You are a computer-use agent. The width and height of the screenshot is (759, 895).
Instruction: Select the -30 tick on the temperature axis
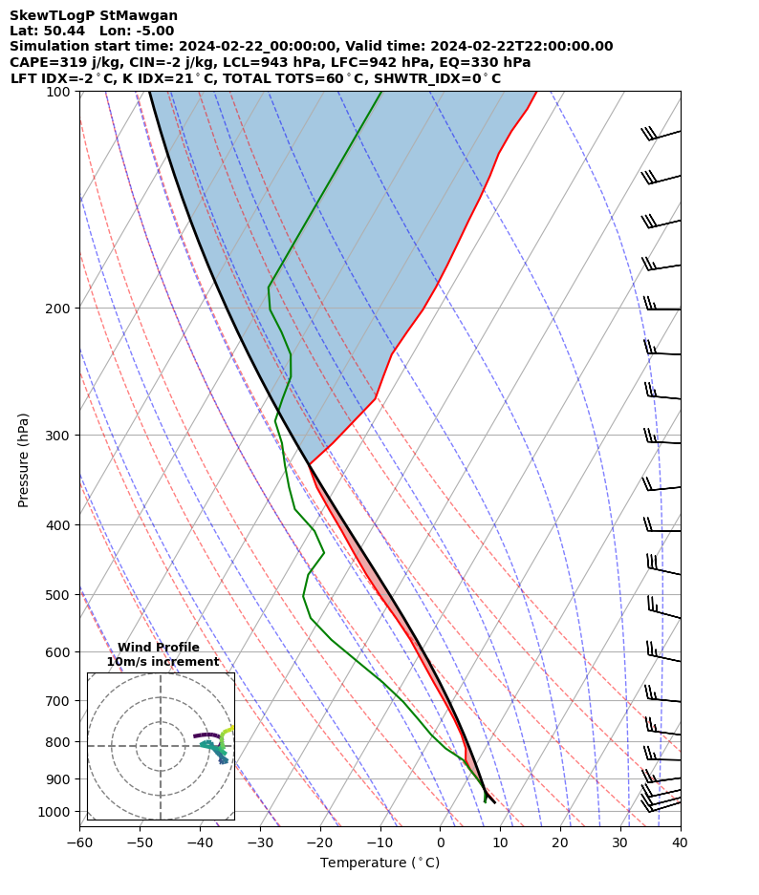[x=260, y=843]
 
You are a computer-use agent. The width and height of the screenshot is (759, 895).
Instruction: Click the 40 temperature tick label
[x=680, y=843]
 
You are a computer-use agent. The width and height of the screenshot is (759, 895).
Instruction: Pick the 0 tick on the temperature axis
[x=441, y=843]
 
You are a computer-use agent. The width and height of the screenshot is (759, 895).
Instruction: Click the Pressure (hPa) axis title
[x=24, y=459]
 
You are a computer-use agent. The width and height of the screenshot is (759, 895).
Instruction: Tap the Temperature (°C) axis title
[x=379, y=863]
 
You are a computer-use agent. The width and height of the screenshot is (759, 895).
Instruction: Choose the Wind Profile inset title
[x=159, y=648]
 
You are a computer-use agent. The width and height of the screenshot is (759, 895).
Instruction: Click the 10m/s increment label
[x=163, y=662]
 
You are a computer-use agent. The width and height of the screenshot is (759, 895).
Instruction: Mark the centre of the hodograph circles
[x=161, y=746]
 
